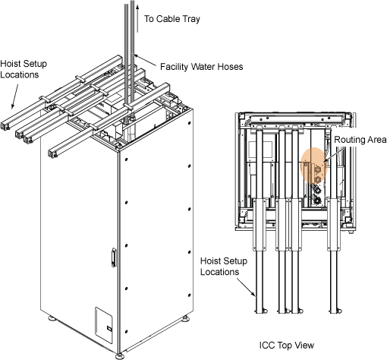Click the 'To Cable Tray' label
[x=172, y=19]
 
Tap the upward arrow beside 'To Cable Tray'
[x=137, y=19]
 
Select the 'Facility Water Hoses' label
[x=202, y=67]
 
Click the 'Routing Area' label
[x=360, y=140]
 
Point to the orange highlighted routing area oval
[x=314, y=166]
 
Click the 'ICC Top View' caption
[x=287, y=345]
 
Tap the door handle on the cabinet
[x=114, y=257]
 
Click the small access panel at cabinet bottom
[x=104, y=325]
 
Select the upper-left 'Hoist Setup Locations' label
[x=24, y=69]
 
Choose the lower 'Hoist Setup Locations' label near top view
[x=224, y=267]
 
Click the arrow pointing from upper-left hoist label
[x=14, y=96]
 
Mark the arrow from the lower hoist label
[x=247, y=287]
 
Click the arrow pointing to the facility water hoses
[x=145, y=60]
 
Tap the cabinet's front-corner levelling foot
[x=119, y=355]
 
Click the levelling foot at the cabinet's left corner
[x=52, y=317]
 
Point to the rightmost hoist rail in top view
[x=334, y=256]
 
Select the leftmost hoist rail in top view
[x=260, y=220]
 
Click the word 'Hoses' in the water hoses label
[x=230, y=67]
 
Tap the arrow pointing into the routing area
[x=333, y=153]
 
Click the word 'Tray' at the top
[x=190, y=19]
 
